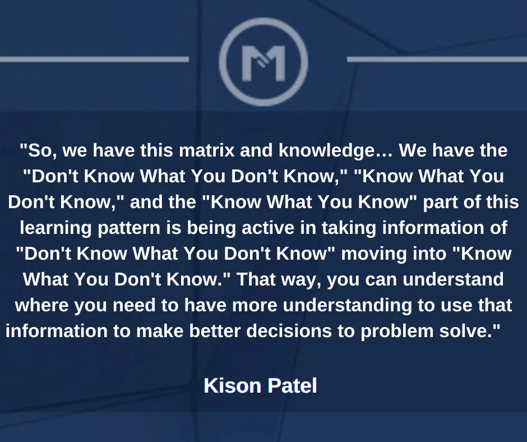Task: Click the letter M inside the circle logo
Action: pyautogui.click(x=263, y=63)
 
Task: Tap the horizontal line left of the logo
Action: pyautogui.click(x=94, y=59)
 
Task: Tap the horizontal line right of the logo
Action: pyautogui.click(x=437, y=59)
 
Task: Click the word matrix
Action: pyautogui.click(x=207, y=150)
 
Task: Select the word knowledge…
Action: pyautogui.click(x=336, y=151)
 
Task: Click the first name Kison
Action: pyautogui.click(x=233, y=385)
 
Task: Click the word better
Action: pyautogui.click(x=215, y=331)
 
